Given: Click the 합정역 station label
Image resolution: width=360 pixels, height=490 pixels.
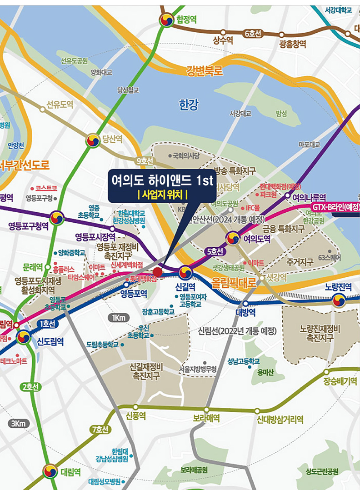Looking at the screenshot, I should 187,19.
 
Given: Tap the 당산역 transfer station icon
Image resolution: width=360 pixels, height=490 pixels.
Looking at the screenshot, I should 93,140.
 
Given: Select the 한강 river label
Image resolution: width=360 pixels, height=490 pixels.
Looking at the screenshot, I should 189,105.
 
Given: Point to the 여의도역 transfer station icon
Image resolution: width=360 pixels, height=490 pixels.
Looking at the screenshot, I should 232,238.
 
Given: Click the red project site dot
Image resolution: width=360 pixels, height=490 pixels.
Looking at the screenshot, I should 157,272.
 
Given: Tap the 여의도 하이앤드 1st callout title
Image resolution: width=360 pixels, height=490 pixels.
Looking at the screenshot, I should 162,180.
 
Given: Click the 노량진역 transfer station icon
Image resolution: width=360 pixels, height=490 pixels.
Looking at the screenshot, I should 339,300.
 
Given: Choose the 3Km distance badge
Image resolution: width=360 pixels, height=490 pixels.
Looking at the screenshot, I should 19,424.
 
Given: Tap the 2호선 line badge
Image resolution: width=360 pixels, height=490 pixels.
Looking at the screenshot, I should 30,387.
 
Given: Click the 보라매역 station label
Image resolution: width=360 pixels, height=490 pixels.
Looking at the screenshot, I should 207,418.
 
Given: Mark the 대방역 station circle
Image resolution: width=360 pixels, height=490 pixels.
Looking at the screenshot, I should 245,304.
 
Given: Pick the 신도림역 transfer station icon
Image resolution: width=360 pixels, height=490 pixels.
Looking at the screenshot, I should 24,337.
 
